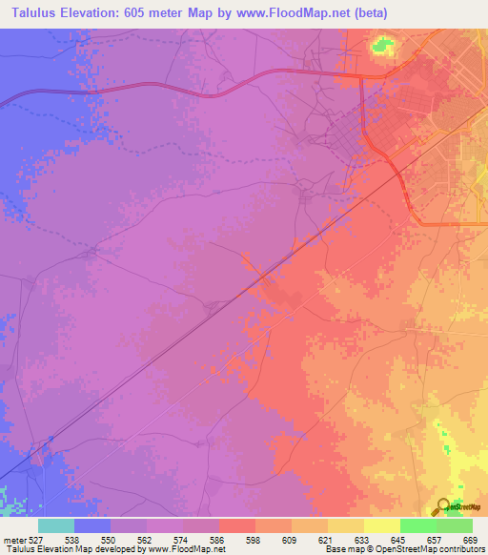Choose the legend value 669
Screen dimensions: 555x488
468,540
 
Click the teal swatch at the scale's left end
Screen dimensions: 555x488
56,525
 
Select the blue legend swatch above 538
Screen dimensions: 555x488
92,525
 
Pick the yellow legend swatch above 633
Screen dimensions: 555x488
346,525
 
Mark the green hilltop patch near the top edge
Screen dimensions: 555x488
383,45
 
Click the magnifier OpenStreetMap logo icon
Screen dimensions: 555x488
444,506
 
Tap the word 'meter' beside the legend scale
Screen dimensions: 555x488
13,540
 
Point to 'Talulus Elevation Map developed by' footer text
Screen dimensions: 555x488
71,549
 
